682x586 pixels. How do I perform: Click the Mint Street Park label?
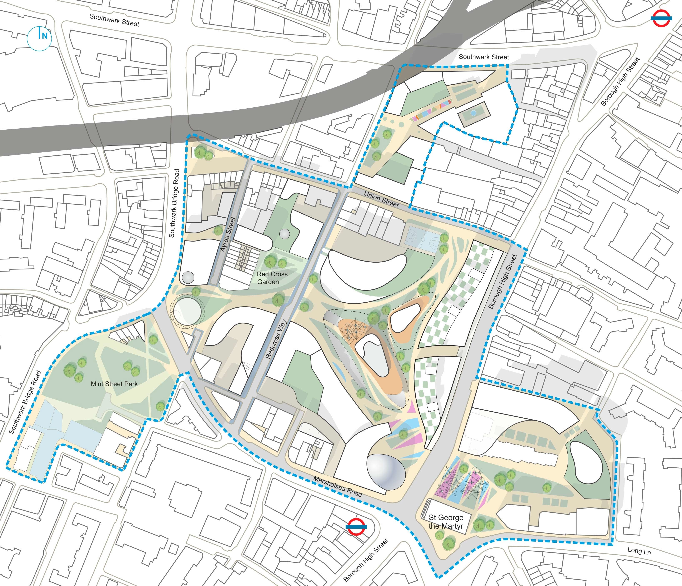(x=114, y=384)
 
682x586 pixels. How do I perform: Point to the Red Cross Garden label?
(x=272, y=278)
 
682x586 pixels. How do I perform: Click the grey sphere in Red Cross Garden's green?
(x=284, y=234)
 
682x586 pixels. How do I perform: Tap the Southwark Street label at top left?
(x=114, y=20)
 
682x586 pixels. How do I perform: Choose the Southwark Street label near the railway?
(x=483, y=57)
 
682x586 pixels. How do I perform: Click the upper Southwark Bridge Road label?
(x=174, y=203)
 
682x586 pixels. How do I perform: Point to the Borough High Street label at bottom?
(x=366, y=560)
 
